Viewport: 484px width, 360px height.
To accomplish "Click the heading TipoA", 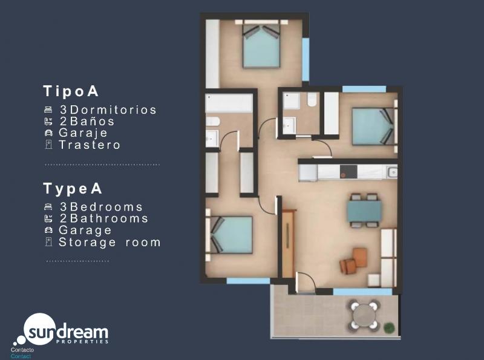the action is pyautogui.click(x=71, y=91).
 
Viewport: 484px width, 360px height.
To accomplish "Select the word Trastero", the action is pyautogui.click(x=90, y=145).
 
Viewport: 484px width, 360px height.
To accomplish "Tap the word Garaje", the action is pyautogui.click(x=83, y=133).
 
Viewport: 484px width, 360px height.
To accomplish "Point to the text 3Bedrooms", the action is pyautogui.click(x=101, y=207).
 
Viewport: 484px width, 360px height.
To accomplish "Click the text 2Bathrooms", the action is pyautogui.click(x=104, y=218).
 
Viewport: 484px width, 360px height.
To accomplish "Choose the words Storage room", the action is pyautogui.click(x=110, y=243).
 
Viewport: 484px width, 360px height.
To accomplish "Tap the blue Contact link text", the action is pyautogui.click(x=21, y=356).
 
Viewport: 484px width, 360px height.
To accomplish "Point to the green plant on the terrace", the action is pyautogui.click(x=390, y=327).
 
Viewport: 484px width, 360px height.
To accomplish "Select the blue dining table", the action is pyautogui.click(x=364, y=211).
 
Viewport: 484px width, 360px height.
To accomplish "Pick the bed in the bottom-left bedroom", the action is pyautogui.click(x=231, y=235).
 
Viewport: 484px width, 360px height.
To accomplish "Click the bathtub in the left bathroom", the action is pyautogui.click(x=229, y=103).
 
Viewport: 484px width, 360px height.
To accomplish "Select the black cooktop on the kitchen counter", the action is pyautogui.click(x=348, y=172).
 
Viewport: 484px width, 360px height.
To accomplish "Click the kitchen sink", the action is pyautogui.click(x=392, y=172).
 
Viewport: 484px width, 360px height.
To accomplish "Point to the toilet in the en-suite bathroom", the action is pyautogui.click(x=312, y=99).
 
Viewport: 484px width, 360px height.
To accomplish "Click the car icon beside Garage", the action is pyautogui.click(x=48, y=230).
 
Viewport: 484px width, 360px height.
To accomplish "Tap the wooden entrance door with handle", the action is pyautogui.click(x=289, y=243).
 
